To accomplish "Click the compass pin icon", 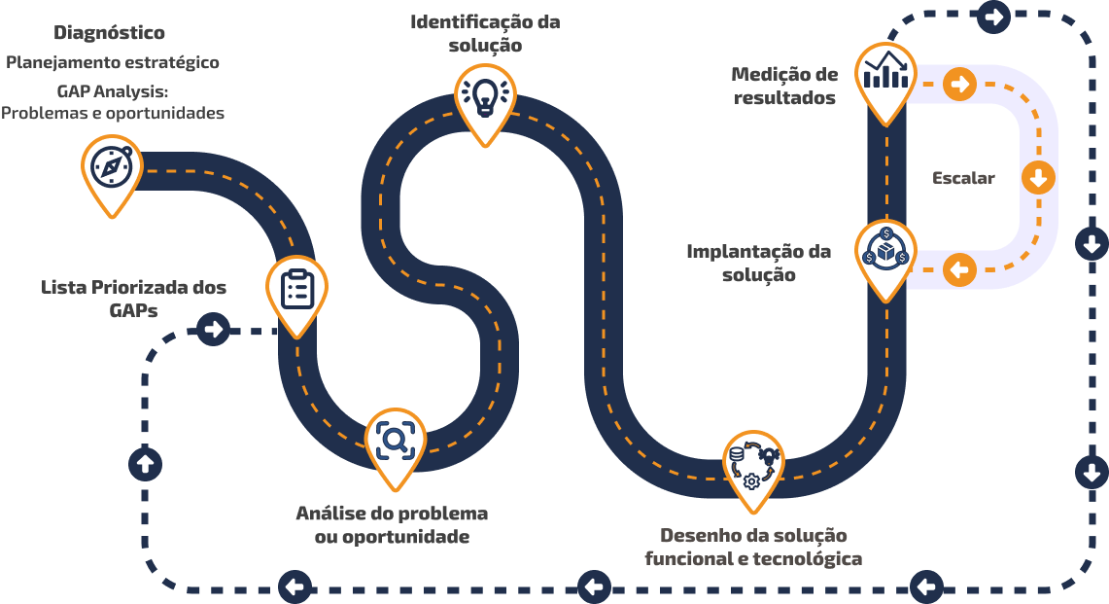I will pyautogui.click(x=111, y=168).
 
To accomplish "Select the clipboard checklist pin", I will pyautogui.click(x=296, y=289).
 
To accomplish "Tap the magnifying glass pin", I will pyautogui.click(x=395, y=441).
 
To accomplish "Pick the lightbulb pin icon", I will pyautogui.click(x=485, y=94).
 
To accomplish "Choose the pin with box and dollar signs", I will pyautogui.click(x=885, y=251).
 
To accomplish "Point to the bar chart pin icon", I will pyautogui.click(x=885, y=73).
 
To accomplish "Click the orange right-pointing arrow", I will pyautogui.click(x=959, y=85).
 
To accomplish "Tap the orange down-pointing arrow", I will pyautogui.click(x=1038, y=177).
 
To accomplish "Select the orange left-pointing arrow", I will pyautogui.click(x=959, y=269).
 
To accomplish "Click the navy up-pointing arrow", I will pyautogui.click(x=145, y=463).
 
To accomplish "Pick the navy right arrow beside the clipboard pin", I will pyautogui.click(x=213, y=330).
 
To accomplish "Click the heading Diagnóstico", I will pyautogui.click(x=109, y=32).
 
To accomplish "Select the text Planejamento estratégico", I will pyautogui.click(x=113, y=63).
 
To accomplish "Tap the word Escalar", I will pyautogui.click(x=963, y=178).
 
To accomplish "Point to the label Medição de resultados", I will pyautogui.click(x=784, y=86).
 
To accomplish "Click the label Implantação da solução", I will pyautogui.click(x=758, y=263).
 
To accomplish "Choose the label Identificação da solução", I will pyautogui.click(x=485, y=33).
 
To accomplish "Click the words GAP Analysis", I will pyautogui.click(x=112, y=91).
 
